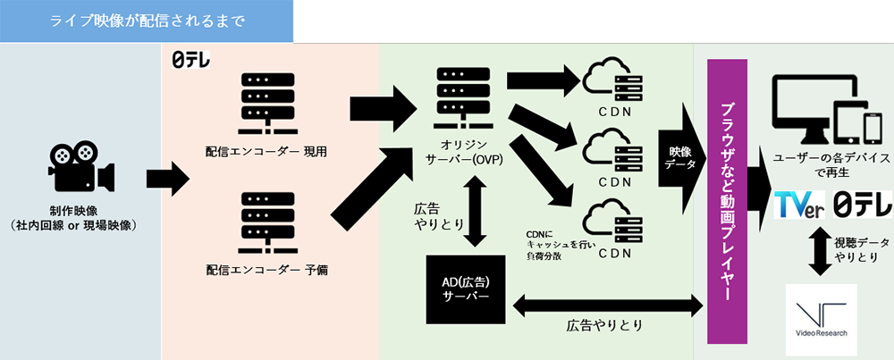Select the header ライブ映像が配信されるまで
click(147, 21)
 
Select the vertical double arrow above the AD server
click(476, 206)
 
